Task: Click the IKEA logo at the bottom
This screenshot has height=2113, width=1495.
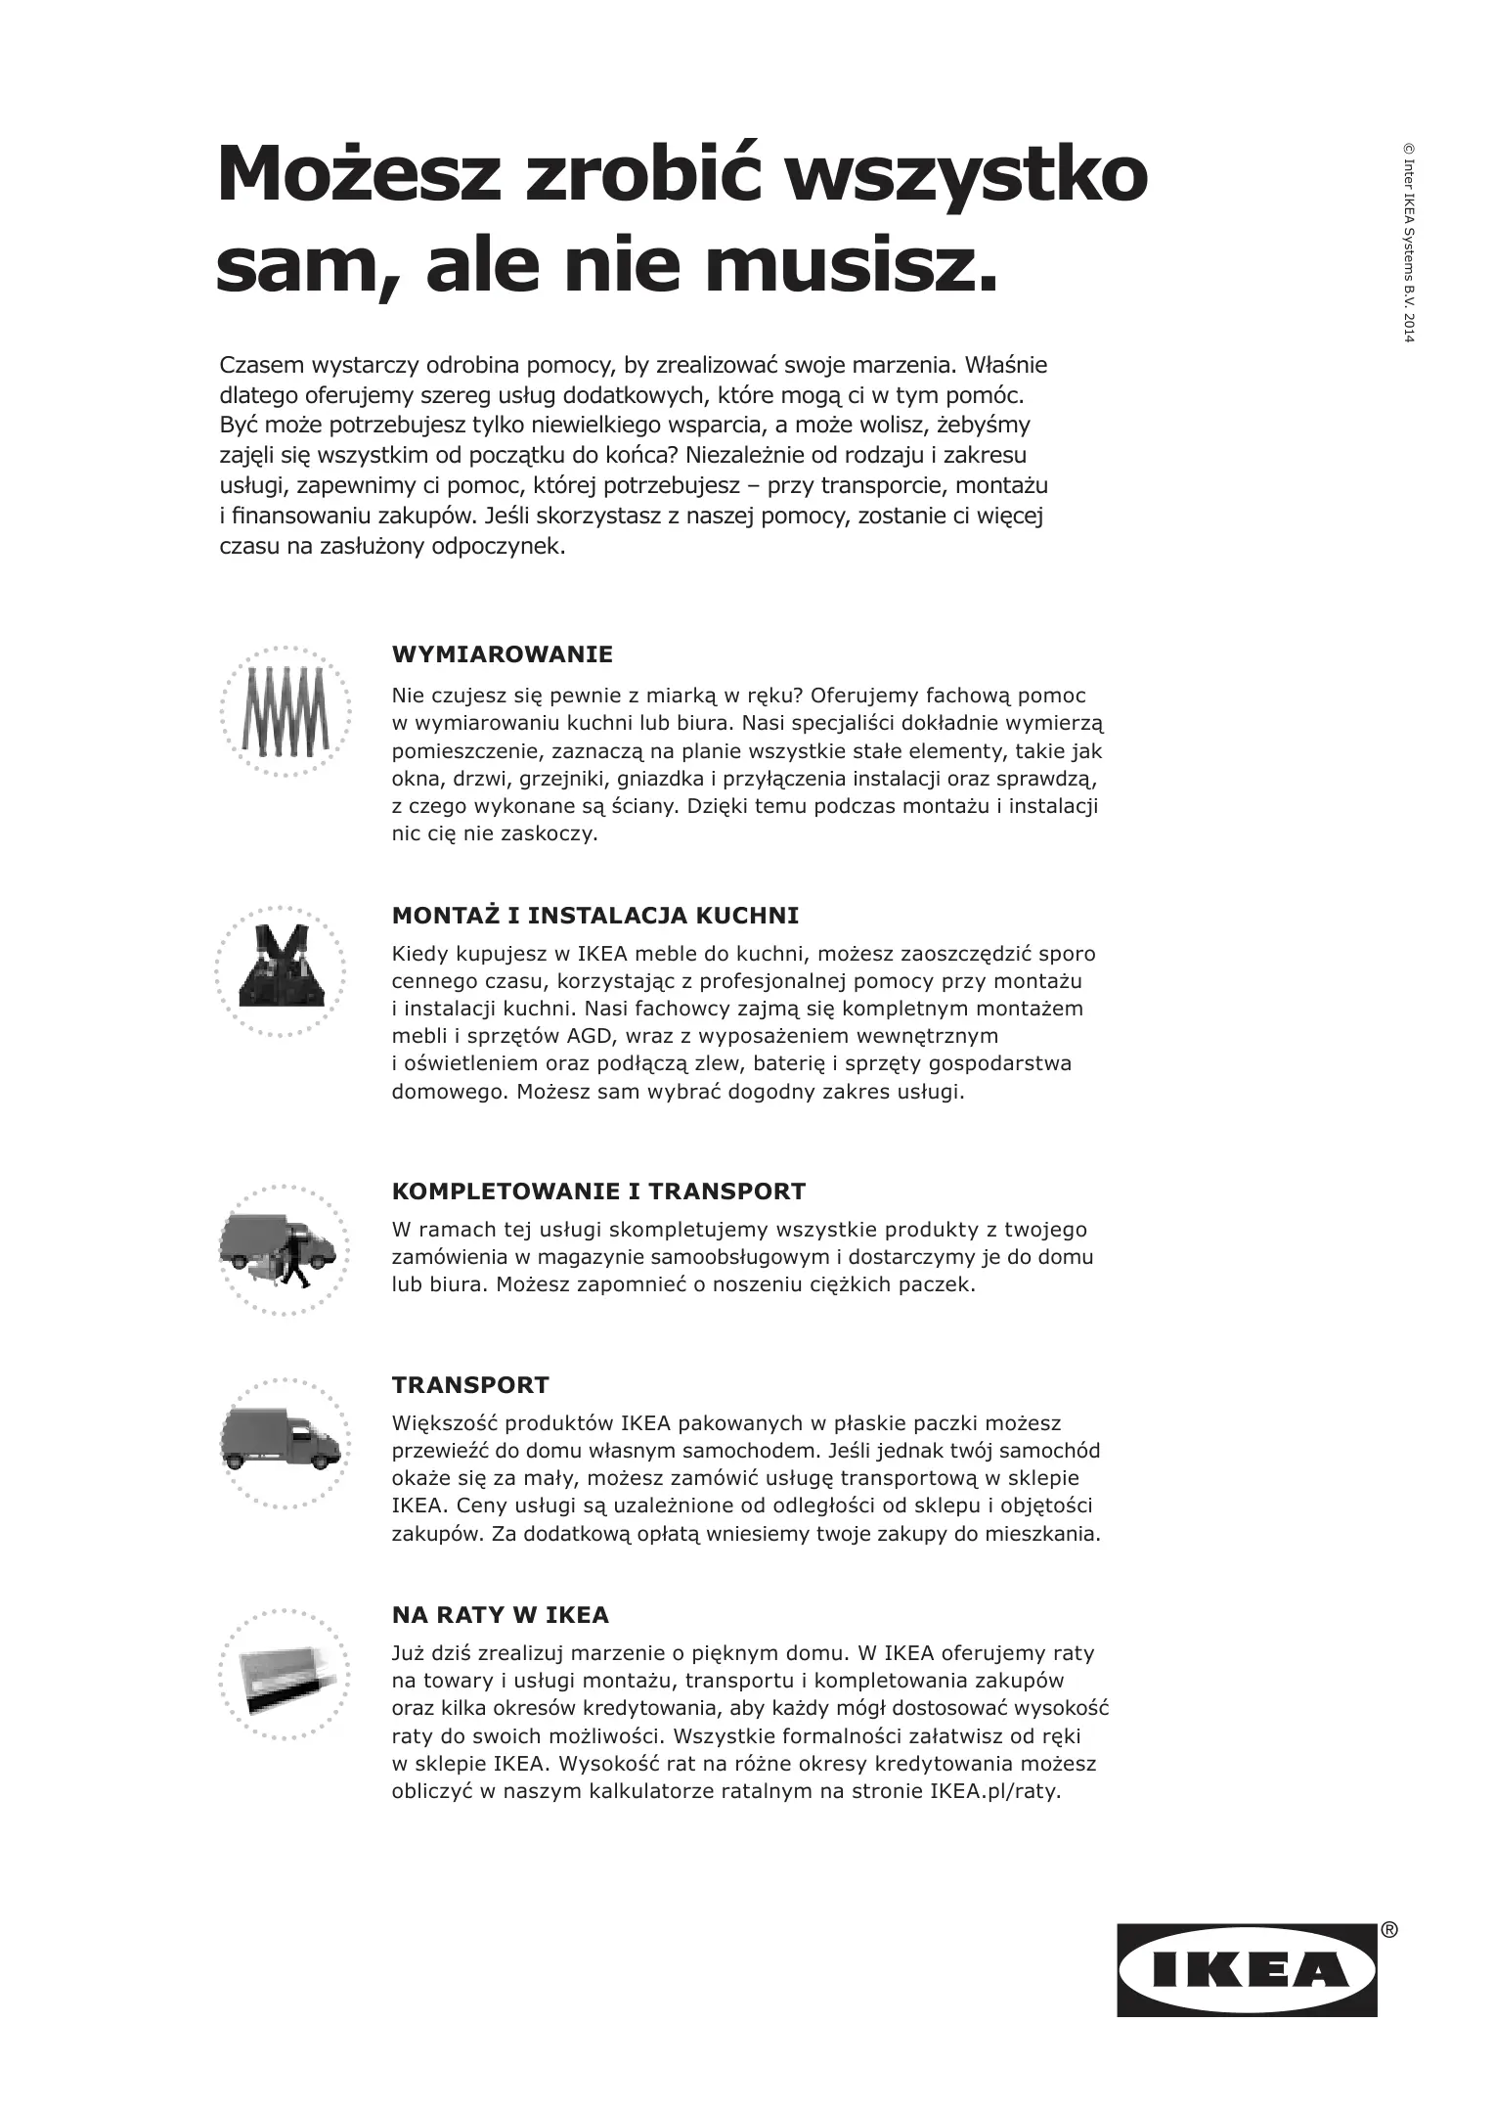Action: tap(1247, 1970)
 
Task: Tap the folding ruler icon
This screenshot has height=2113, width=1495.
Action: tap(283, 711)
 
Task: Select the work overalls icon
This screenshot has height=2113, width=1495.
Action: tap(281, 967)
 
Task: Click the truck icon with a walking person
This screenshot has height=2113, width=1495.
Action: tap(281, 1249)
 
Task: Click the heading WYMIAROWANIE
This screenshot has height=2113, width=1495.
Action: tap(502, 654)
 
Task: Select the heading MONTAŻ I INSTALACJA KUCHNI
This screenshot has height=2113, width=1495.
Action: tap(594, 916)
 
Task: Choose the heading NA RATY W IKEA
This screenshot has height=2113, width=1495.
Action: tap(500, 1614)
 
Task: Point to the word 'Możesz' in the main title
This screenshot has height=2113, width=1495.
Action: tap(359, 174)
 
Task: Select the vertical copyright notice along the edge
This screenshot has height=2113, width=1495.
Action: tap(1408, 244)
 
